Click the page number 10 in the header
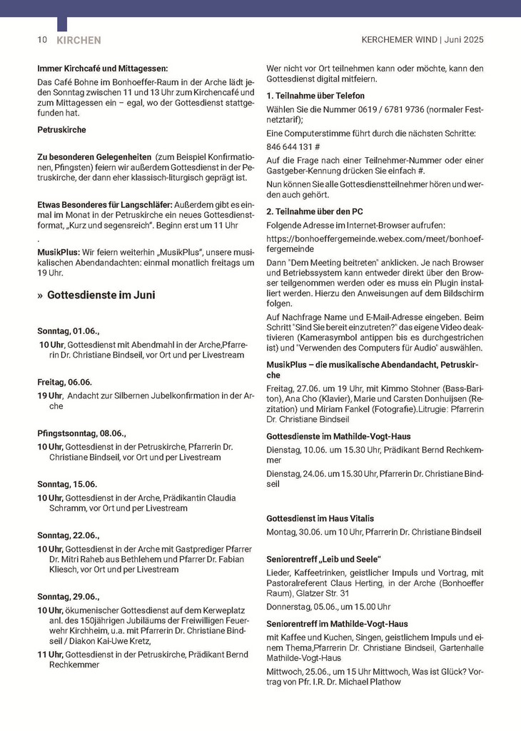(42, 40)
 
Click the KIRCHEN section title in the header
(79, 41)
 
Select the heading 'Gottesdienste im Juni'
(101, 295)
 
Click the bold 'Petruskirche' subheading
(61, 130)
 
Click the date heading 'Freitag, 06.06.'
(65, 382)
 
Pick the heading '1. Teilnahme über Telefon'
(315, 96)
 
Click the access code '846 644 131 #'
(293, 146)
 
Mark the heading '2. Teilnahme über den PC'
(315, 211)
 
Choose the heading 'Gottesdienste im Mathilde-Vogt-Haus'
(338, 435)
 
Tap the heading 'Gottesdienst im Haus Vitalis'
(320, 518)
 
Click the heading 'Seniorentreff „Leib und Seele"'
(323, 558)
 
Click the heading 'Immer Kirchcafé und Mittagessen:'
(102, 69)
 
